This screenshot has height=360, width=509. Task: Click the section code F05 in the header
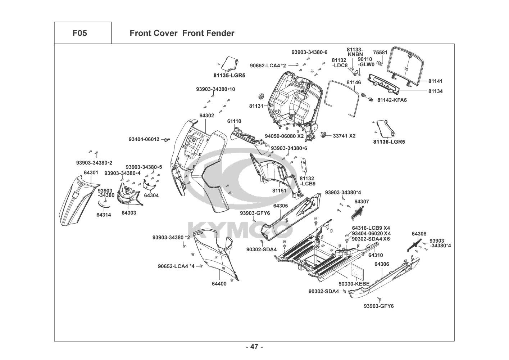point(79,33)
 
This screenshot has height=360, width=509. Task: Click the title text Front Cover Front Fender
point(182,33)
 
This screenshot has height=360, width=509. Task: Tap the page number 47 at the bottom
point(254,347)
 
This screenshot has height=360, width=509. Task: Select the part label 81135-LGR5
point(229,76)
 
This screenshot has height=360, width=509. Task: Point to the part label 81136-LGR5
point(389,142)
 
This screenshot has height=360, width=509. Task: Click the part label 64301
point(91,173)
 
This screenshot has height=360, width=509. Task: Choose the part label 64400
point(219,284)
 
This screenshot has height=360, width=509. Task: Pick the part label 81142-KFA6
point(392,100)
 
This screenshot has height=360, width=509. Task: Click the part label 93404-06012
point(144,139)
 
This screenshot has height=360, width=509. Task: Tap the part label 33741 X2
point(344,136)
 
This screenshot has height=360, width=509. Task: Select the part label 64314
point(104,215)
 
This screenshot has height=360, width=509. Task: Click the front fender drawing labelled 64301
point(77,200)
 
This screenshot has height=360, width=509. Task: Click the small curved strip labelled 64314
point(104,204)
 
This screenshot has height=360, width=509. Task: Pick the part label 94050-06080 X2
point(284,136)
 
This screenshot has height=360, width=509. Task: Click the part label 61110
point(234,121)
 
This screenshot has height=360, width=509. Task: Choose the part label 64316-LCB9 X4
point(371,228)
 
